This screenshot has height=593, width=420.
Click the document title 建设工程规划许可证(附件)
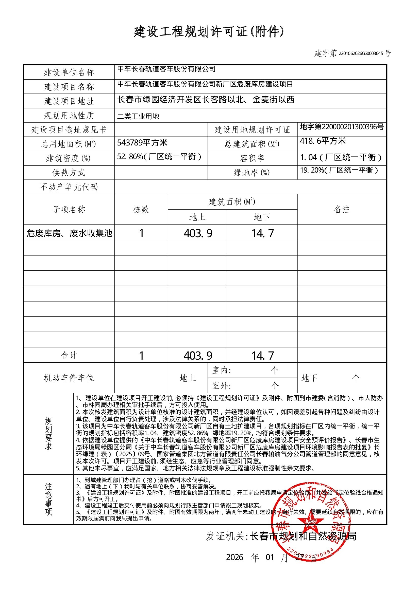click(x=208, y=32)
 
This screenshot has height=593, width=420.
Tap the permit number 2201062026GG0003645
click(x=361, y=54)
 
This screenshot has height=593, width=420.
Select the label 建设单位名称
click(x=69, y=72)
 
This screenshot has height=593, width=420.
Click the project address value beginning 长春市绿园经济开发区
click(x=206, y=100)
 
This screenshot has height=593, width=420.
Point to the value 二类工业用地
click(x=138, y=117)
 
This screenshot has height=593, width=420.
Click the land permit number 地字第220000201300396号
click(x=342, y=127)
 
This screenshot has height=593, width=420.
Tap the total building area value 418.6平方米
click(x=323, y=141)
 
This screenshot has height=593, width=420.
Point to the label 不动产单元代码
click(x=69, y=187)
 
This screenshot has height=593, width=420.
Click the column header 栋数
click(x=141, y=209)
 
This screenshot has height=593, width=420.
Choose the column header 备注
click(x=342, y=209)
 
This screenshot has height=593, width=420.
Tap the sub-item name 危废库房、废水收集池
click(x=69, y=233)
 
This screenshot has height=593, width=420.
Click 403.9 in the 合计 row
click(x=198, y=356)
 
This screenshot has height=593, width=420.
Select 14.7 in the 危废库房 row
click(x=262, y=233)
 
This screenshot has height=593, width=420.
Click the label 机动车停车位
click(x=69, y=378)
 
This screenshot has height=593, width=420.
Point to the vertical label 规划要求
click(x=49, y=434)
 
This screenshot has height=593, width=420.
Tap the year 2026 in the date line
click(x=234, y=557)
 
